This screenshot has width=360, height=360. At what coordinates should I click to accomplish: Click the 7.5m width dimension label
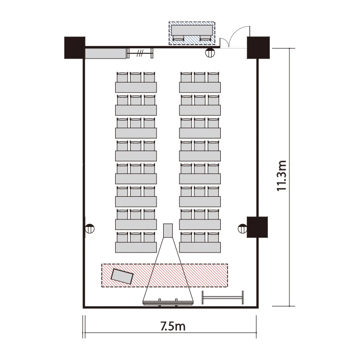coord(173,326)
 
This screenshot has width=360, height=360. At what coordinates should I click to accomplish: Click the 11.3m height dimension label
coord(282,176)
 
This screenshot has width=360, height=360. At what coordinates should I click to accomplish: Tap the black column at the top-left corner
coord(75,48)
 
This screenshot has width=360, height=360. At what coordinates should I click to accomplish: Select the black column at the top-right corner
coord(258,48)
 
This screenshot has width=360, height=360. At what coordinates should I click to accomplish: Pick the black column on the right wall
coord(257,227)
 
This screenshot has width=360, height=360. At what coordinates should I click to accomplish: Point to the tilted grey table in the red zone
coord(122,276)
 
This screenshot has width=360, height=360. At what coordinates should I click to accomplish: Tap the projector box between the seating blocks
coord(168,230)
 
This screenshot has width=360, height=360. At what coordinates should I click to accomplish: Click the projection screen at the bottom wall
coord(168,303)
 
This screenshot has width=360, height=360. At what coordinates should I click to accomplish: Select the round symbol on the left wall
coord(90,228)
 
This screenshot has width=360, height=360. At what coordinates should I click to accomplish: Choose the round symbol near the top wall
coord(210,53)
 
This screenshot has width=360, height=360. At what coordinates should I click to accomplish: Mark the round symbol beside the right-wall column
coord(243,228)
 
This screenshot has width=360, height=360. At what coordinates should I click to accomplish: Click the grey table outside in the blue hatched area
coord(192,31)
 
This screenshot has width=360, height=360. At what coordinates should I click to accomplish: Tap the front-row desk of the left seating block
coord(136,248)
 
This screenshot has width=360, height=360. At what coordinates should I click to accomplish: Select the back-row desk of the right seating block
coord(200,87)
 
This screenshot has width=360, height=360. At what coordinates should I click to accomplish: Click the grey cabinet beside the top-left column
coord(106,53)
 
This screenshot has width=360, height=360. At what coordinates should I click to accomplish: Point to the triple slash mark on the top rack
coord(140,53)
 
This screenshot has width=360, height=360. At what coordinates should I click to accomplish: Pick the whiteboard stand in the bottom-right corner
coord(222,298)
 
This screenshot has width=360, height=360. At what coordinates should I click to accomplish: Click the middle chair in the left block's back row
coord(136,77)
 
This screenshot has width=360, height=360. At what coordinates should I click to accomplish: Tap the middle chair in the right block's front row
coord(200,237)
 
